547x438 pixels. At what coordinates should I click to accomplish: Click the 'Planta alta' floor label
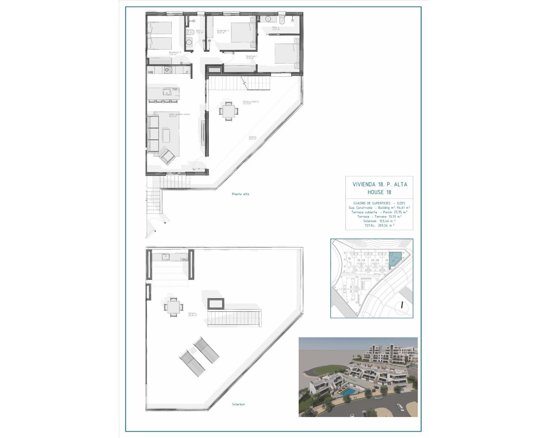(240, 194)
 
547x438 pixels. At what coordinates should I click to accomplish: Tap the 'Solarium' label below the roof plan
(238, 404)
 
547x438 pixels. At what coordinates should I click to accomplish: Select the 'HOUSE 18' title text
(379, 192)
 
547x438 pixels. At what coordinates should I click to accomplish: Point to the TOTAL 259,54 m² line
(379, 225)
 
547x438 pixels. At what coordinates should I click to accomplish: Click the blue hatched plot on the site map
(395, 259)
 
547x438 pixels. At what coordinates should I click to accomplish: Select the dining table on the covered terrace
(227, 110)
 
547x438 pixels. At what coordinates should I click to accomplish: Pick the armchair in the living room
(167, 156)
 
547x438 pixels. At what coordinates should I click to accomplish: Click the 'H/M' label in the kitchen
(151, 72)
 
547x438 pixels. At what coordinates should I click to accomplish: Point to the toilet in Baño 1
(189, 33)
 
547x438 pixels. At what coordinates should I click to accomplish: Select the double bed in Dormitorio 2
(243, 33)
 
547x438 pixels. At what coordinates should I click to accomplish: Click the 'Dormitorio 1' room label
(251, 56)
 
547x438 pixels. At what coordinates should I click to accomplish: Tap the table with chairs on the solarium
(174, 307)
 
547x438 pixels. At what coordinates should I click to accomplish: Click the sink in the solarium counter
(166, 257)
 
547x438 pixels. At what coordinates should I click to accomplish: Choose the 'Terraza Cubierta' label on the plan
(250, 102)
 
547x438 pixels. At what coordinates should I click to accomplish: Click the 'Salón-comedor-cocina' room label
(179, 115)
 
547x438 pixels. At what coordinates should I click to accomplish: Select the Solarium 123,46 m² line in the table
(379, 221)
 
